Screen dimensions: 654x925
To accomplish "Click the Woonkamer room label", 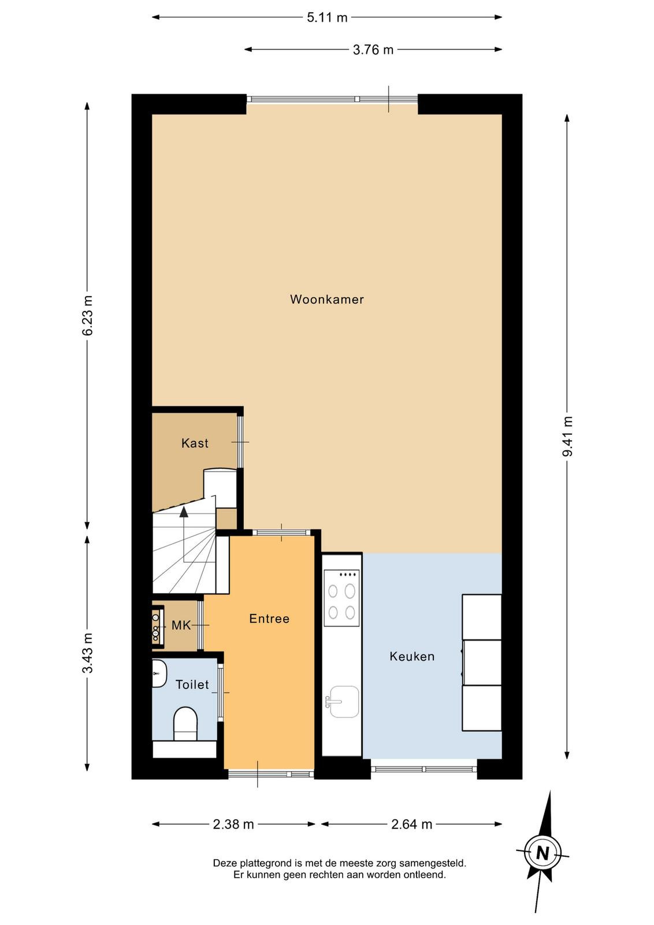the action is coord(327,299).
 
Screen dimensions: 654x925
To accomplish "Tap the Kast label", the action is coord(195,443).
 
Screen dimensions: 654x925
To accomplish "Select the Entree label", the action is coord(269,618).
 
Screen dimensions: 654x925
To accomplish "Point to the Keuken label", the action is coord(412,656).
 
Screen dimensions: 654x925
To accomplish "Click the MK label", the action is coord(181,625).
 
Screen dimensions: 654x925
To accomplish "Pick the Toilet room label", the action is coord(192,684).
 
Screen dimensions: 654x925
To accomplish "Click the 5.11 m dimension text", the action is coord(327,18).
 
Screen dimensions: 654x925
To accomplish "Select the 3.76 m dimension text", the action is coord(373,50).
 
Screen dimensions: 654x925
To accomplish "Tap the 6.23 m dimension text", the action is coord(87,315).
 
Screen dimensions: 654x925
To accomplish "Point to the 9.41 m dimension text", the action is coord(567,436).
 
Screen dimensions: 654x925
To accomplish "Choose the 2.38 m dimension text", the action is coord(233,824).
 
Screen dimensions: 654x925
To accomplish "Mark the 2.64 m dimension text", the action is coord(411,824).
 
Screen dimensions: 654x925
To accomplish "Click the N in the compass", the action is coord(542,853).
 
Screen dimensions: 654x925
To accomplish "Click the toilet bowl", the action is coord(185,723).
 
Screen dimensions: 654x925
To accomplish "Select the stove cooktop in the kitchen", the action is coord(341,598).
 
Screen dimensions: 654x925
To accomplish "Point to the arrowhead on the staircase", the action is coord(184,512).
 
